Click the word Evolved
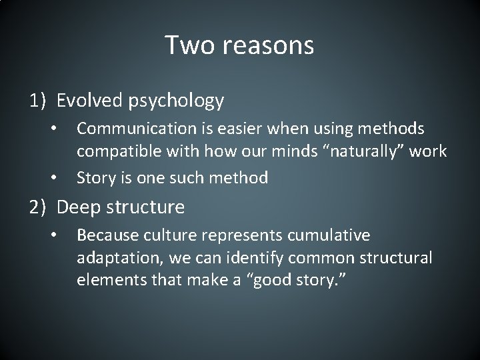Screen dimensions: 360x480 [x=88, y=101]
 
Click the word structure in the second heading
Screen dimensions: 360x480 [x=149, y=207]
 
